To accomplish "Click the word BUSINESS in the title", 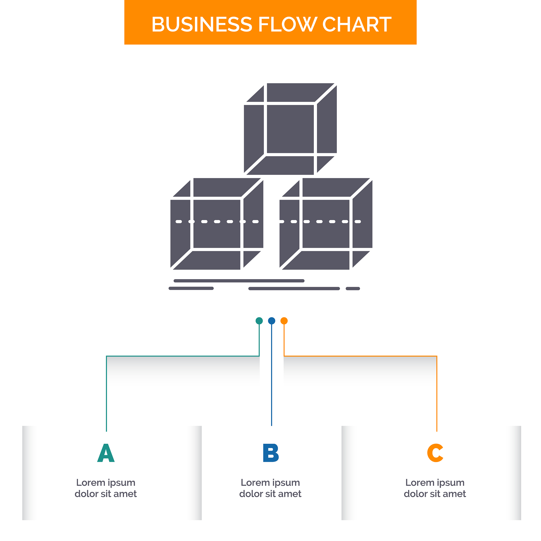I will click(202, 24).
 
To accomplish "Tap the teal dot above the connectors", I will click(259, 321).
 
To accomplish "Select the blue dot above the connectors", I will click(271, 321).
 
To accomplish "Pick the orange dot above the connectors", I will click(284, 321).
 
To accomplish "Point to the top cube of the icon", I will click(290, 129).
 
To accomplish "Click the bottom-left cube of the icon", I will click(217, 224).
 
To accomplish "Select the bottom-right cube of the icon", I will click(326, 224).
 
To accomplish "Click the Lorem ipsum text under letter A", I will click(106, 488).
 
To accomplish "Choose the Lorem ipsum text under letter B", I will click(270, 488).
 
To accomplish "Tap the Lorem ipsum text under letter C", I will click(435, 488).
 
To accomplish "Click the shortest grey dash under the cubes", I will click(353, 288).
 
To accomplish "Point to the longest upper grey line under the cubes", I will click(239, 281).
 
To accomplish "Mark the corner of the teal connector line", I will click(106, 356).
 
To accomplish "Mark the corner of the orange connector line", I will click(437, 356).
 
